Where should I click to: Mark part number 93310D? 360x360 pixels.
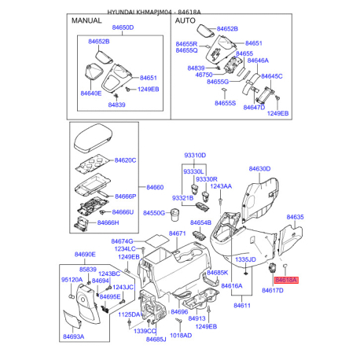[x=194, y=156]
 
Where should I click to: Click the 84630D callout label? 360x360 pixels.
[x=259, y=169]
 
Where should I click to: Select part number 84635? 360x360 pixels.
[x=295, y=216]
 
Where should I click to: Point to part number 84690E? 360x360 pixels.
[x=85, y=255]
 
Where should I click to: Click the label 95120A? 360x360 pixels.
[x=72, y=280]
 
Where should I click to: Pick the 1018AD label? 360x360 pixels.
[x=180, y=336]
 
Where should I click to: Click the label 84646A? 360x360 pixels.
[x=258, y=61]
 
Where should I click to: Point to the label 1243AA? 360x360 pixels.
[x=222, y=186]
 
